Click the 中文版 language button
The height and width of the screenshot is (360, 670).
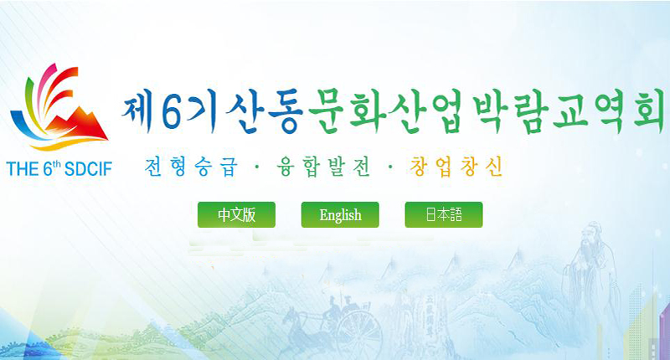(x=236, y=214)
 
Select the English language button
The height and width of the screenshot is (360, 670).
(x=340, y=214)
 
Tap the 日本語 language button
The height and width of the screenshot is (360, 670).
(x=444, y=214)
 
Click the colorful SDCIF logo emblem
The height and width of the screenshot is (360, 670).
(x=59, y=107)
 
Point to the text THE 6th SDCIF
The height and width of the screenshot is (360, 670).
(x=59, y=168)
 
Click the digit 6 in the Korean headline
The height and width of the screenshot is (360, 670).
(x=172, y=111)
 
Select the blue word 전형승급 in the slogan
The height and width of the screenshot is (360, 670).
(x=191, y=167)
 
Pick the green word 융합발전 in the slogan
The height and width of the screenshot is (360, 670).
(x=323, y=167)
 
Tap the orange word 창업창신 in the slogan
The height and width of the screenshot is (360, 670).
(x=456, y=167)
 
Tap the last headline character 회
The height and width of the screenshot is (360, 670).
(x=648, y=109)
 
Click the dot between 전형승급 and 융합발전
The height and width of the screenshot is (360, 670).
(x=257, y=167)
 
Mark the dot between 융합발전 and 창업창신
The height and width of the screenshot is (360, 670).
(x=389, y=167)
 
